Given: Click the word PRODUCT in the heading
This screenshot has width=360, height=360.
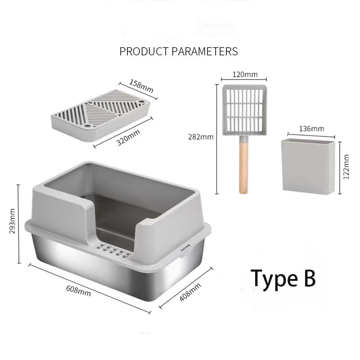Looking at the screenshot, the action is coord(144,51).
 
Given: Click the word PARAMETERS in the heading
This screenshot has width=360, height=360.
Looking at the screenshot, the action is coord(205,51).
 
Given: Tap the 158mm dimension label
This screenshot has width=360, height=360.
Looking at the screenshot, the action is coord(141,86).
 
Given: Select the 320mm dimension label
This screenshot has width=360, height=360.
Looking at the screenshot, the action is coord(128,138).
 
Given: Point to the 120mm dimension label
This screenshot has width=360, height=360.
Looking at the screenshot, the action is coord(245,74).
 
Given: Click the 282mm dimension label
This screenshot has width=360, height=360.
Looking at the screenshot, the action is coord(201,137).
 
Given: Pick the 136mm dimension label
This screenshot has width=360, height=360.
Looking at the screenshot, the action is coord(311,129).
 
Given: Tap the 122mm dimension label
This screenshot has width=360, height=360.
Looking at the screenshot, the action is coord(346,166).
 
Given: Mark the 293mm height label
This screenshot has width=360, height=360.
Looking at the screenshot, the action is coord(12,221).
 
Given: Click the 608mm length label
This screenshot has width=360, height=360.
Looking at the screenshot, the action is coord(78,291).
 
